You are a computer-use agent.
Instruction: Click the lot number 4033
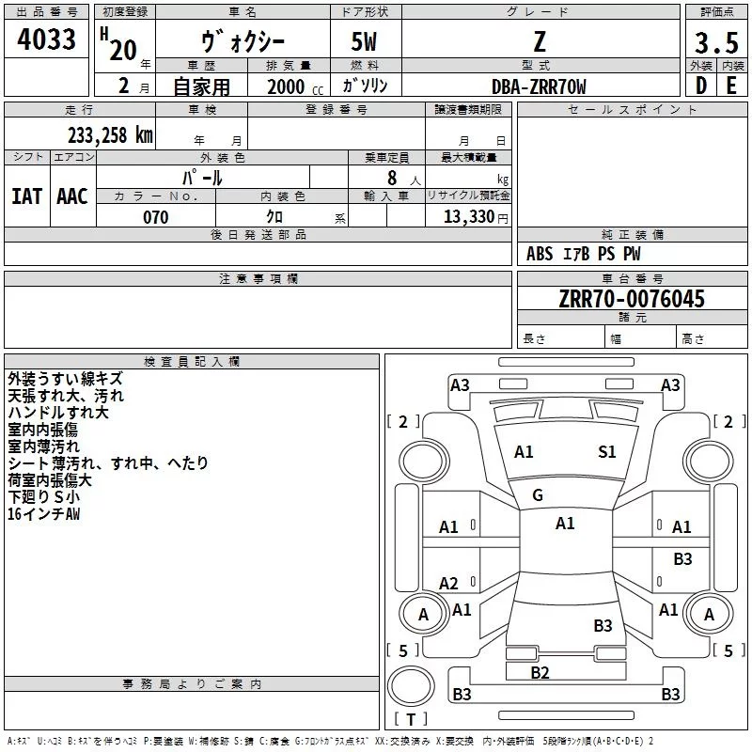point(47,39)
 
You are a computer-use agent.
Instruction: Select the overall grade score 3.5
point(716,43)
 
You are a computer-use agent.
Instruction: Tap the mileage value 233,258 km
point(110,134)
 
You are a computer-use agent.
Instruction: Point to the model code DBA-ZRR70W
point(539,86)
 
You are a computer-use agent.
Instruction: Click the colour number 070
point(155,217)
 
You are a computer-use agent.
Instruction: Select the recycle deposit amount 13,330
point(468,217)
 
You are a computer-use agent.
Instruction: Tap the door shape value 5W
point(366,43)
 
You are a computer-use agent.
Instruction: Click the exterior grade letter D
point(700,86)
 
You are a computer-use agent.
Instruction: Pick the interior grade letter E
point(731,86)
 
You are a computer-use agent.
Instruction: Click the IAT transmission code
point(26,196)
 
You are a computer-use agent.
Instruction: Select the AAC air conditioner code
point(71,196)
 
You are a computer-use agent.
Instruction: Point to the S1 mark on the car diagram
point(607,452)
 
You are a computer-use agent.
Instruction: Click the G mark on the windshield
point(538,495)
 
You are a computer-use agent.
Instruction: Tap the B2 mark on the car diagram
point(540,672)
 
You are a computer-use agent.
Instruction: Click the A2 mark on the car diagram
point(449,583)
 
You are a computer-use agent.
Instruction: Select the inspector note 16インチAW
point(44,514)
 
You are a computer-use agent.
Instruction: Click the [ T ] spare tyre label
point(411,720)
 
